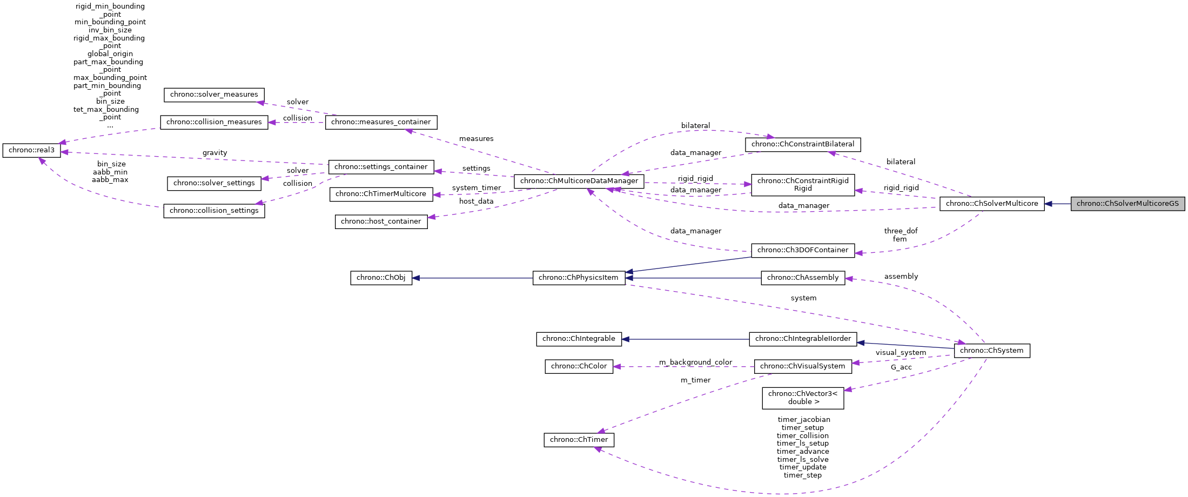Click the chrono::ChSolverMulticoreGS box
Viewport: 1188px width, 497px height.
(x=1127, y=204)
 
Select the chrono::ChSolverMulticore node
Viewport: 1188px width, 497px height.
(x=991, y=204)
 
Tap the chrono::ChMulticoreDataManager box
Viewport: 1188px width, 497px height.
(x=579, y=181)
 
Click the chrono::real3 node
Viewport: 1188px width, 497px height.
(x=31, y=150)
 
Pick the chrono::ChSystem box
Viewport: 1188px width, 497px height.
(x=991, y=351)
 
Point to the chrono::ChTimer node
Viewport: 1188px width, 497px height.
(x=579, y=440)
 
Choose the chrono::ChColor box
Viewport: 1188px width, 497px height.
(x=579, y=366)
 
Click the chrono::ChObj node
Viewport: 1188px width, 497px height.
(x=381, y=278)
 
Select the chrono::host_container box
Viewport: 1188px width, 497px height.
(x=381, y=221)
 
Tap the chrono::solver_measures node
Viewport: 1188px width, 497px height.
(x=214, y=95)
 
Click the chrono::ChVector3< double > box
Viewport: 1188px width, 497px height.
(x=802, y=398)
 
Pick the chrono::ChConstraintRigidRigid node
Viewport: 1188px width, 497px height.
(x=802, y=185)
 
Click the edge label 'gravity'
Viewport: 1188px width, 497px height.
(x=214, y=153)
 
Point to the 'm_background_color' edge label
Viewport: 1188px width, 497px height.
(x=695, y=362)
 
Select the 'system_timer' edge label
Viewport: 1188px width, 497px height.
(x=476, y=188)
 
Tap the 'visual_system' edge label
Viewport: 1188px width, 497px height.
(x=901, y=353)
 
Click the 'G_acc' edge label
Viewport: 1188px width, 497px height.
(x=901, y=367)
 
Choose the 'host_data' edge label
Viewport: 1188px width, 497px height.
(x=476, y=202)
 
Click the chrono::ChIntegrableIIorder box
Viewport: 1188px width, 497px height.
(x=802, y=339)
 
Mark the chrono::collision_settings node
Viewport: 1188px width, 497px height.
(x=214, y=211)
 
